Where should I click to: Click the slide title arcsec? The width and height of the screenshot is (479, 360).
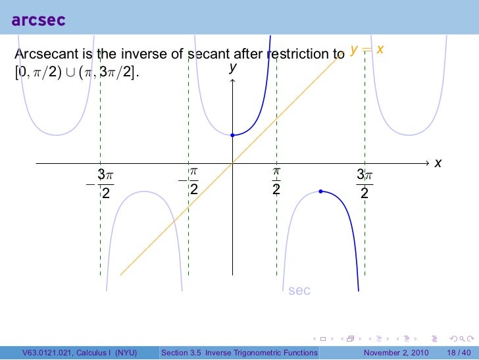(x=38, y=20)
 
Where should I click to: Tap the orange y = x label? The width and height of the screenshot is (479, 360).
(x=368, y=50)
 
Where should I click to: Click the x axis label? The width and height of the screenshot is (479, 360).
(x=438, y=163)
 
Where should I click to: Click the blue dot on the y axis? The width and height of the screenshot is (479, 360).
(x=232, y=136)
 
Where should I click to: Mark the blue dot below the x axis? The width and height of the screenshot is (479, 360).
(x=320, y=192)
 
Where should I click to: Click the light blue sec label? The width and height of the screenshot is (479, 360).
(x=299, y=290)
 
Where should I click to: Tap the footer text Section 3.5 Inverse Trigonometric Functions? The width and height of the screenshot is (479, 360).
(x=239, y=353)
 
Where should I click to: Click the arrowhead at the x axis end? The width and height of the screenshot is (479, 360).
(x=428, y=163)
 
